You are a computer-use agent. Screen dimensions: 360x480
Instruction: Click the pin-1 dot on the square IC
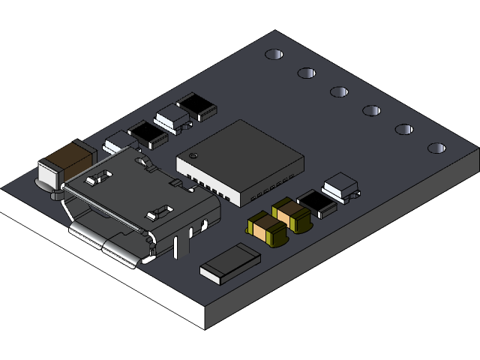pyautogui.click(x=193, y=156)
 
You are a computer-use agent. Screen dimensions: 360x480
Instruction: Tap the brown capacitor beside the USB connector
pyautogui.click(x=69, y=157)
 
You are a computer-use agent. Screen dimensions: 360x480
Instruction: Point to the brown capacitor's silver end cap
pyautogui.click(x=49, y=177)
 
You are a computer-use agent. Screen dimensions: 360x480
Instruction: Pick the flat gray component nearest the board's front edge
pyautogui.click(x=229, y=262)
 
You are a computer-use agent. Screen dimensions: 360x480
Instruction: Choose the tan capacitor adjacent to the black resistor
pyautogui.click(x=292, y=214)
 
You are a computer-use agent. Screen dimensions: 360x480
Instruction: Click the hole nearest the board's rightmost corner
pyautogui.click(x=437, y=148)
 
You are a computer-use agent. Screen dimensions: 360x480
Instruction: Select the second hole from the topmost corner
pyautogui.click(x=307, y=73)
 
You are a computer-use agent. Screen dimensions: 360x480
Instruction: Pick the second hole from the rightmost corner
pyautogui.click(x=404, y=129)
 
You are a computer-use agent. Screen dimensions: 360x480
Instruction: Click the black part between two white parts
pyautogui.click(x=148, y=133)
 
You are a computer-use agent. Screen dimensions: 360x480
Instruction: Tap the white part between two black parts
pyautogui.click(x=172, y=117)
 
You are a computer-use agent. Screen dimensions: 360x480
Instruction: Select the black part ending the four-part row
pyautogui.click(x=196, y=105)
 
